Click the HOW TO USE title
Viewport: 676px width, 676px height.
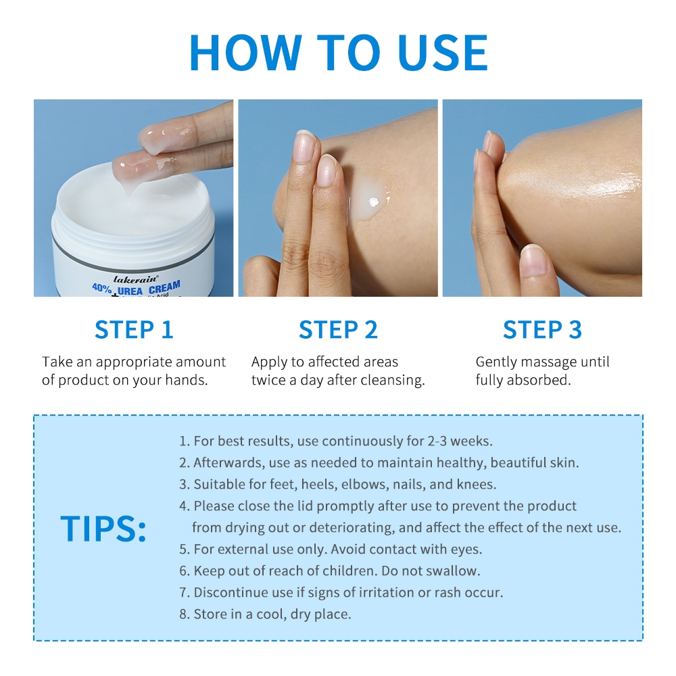pyautogui.click(x=339, y=52)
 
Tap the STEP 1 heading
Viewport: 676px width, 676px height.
pyautogui.click(x=134, y=330)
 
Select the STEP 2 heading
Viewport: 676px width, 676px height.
pyautogui.click(x=339, y=330)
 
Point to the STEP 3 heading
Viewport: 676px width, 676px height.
pyautogui.click(x=542, y=330)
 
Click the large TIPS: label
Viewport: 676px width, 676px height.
pyautogui.click(x=103, y=528)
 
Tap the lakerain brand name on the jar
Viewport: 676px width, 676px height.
pyautogui.click(x=136, y=279)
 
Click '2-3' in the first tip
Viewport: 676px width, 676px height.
pyautogui.click(x=437, y=441)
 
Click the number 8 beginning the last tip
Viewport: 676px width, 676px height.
pyautogui.click(x=183, y=614)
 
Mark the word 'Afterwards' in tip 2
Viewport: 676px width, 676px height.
pyautogui.click(x=229, y=462)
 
